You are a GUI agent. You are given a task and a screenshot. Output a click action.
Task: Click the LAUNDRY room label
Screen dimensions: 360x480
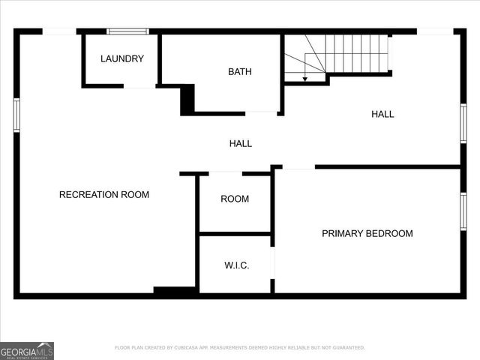tap(122, 58)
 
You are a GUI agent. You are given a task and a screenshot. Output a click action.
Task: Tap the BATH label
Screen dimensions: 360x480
tap(240, 72)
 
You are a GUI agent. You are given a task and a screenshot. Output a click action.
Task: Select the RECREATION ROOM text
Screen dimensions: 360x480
tap(104, 195)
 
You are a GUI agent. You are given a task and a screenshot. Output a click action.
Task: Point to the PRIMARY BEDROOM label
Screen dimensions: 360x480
tap(367, 233)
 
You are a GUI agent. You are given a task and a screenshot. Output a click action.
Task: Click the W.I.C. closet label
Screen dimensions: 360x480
tap(237, 265)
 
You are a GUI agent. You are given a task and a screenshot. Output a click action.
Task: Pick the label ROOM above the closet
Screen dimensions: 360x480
tap(235, 199)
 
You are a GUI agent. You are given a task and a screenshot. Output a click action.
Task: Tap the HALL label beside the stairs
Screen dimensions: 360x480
tap(382, 114)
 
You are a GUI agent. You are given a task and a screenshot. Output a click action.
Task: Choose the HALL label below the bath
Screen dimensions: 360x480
tap(241, 143)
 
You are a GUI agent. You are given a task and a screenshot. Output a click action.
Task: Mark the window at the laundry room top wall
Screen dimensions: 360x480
tap(127, 31)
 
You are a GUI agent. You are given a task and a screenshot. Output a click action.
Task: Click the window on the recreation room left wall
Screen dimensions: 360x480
tap(16, 115)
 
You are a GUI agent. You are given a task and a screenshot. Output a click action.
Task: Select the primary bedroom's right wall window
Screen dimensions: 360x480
tap(463, 211)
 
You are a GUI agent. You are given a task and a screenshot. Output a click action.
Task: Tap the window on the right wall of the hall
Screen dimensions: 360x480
tap(463, 123)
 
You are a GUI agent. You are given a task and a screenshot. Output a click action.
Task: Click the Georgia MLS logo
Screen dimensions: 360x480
tap(27, 351)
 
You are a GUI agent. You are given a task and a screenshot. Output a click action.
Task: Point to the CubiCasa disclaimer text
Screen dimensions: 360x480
tap(240, 348)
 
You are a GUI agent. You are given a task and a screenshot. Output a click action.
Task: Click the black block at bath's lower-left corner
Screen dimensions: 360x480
tap(187, 99)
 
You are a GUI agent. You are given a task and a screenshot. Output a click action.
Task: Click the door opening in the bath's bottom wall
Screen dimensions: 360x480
tap(262, 113)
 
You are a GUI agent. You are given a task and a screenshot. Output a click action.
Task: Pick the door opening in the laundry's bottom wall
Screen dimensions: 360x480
tap(139, 86)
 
